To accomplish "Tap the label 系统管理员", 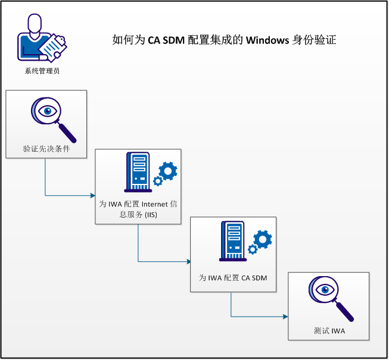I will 42,71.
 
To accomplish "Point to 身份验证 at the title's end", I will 315,40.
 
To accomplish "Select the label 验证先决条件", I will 46,149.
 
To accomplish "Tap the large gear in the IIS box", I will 168,170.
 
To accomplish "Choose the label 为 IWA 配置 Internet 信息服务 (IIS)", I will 138,209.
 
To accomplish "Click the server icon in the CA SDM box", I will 232,240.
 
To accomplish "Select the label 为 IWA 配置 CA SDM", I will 233,278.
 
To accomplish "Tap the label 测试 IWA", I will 329,331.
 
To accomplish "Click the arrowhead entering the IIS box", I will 93,195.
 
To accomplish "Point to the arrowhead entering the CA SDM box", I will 188,261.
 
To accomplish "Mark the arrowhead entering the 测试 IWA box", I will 286,318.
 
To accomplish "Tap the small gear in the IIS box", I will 158,181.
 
